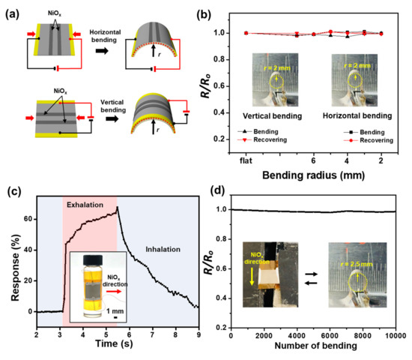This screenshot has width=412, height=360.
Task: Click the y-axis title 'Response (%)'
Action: pos(10,261)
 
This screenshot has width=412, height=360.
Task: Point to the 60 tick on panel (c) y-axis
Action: pos(26,218)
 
